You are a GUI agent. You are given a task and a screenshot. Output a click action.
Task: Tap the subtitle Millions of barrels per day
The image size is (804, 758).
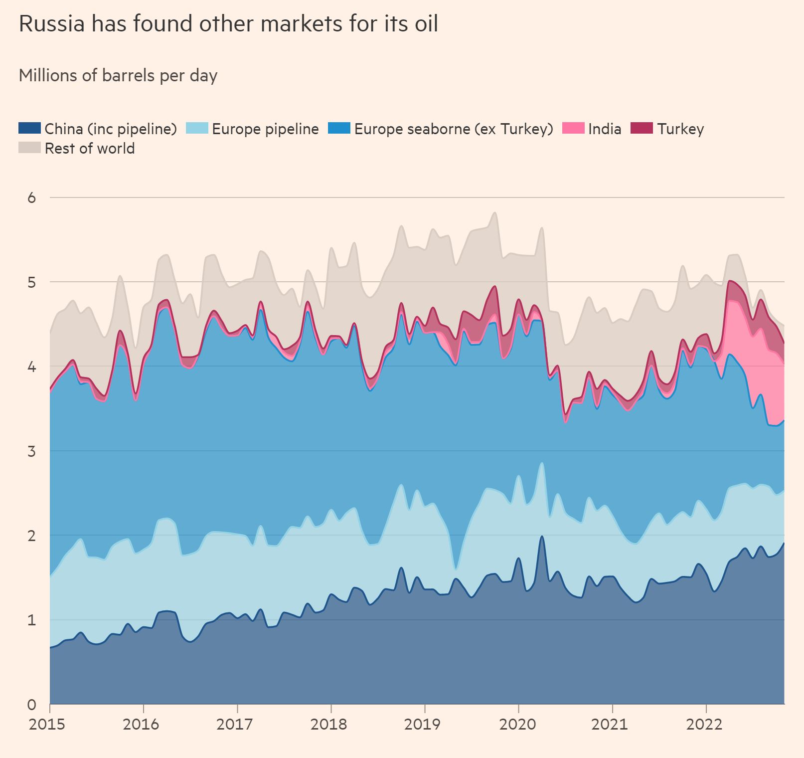click(118, 76)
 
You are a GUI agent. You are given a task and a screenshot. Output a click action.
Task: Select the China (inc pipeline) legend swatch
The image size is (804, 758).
click(29, 128)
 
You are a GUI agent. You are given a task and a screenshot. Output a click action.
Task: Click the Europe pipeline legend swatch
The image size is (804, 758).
click(197, 128)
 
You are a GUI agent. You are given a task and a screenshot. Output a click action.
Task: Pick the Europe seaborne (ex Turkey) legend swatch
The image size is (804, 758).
click(339, 128)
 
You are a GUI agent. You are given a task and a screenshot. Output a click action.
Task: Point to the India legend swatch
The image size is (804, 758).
click(573, 128)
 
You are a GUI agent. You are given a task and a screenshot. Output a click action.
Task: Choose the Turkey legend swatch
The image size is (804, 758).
click(642, 128)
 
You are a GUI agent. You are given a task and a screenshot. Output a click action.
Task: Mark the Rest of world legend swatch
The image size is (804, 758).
click(29, 148)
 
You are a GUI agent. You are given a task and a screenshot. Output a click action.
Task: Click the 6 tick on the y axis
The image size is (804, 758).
click(32, 198)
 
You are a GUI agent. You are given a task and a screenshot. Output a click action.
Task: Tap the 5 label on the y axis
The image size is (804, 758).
click(32, 282)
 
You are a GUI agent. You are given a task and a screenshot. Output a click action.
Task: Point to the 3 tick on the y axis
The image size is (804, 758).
click(32, 451)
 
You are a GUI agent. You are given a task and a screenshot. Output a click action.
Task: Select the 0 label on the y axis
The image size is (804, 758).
click(32, 705)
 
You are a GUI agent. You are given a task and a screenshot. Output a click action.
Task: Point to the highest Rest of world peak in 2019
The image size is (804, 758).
click(494, 213)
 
